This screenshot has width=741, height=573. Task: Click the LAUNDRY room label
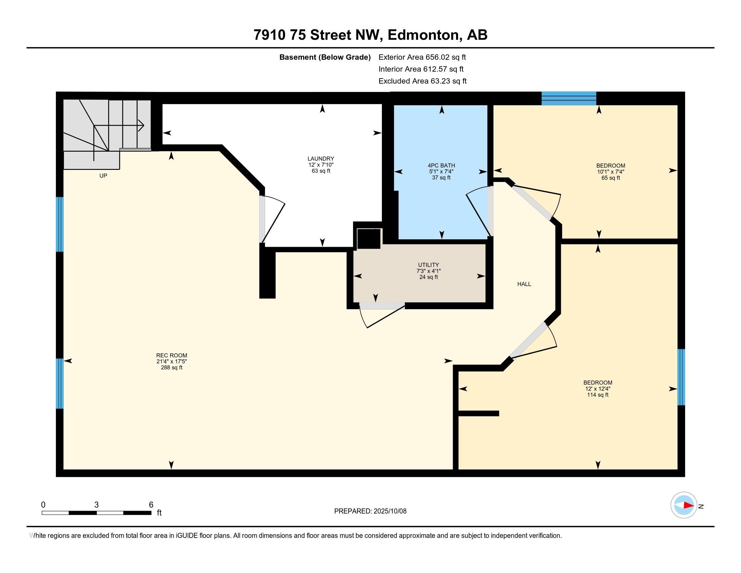(x=321, y=158)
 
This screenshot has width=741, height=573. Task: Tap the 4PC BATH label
(x=441, y=165)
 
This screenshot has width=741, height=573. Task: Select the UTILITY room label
(x=428, y=265)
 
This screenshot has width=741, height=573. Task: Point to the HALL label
(x=524, y=284)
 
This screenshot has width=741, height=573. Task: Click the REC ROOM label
(x=172, y=355)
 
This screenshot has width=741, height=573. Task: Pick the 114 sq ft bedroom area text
(x=598, y=395)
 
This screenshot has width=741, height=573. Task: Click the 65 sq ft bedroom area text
(x=611, y=178)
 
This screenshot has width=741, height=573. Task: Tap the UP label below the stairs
(x=103, y=176)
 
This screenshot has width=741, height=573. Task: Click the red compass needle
(x=688, y=505)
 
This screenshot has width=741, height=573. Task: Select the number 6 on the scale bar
(x=151, y=505)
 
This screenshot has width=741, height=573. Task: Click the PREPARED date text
(x=370, y=511)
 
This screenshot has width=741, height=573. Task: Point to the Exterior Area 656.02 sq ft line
(x=422, y=57)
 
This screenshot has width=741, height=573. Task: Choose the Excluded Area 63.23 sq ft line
(x=422, y=81)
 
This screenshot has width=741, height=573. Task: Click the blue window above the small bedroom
(x=569, y=98)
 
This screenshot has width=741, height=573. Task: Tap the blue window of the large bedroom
(x=681, y=377)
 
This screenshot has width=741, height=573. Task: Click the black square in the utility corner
(x=368, y=239)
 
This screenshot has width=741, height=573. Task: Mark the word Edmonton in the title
(x=423, y=35)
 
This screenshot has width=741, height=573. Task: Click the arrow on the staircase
(x=119, y=126)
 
